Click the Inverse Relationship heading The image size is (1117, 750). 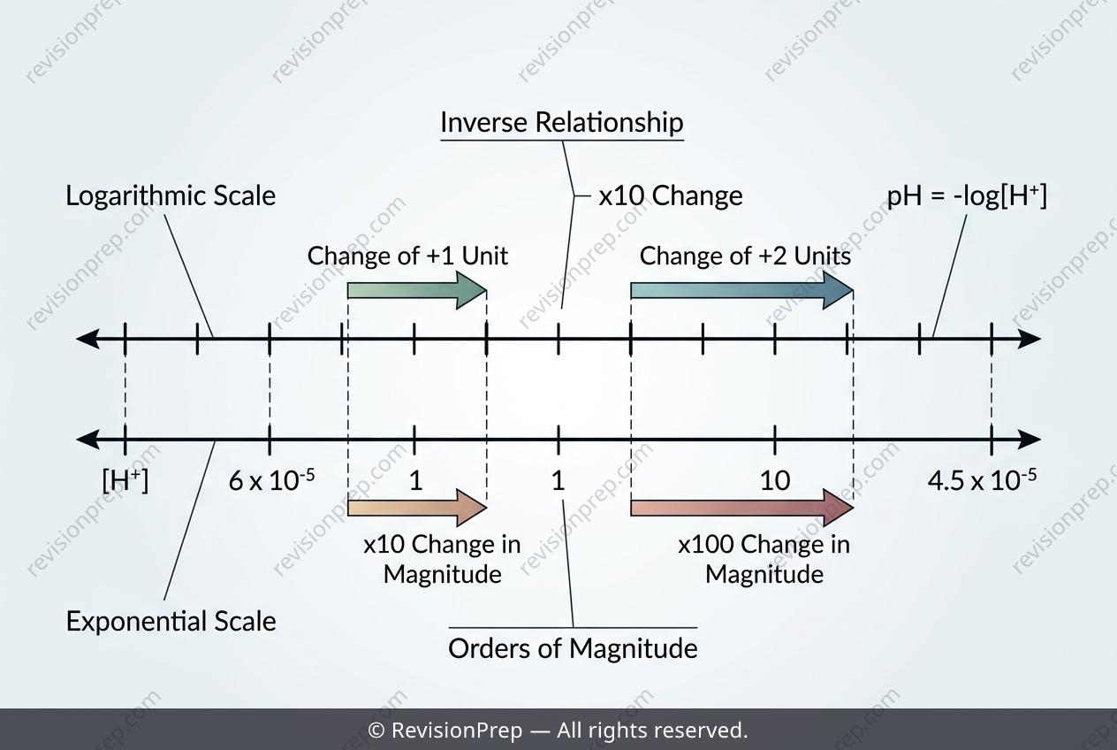point(561,122)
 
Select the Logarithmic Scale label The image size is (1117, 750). point(171,195)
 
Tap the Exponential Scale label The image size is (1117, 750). point(171,621)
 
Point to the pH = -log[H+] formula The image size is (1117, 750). point(967,195)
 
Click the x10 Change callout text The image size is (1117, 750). point(671,195)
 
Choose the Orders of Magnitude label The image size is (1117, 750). point(573,648)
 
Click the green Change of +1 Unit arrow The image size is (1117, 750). point(417,290)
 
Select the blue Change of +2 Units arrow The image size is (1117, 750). point(742,290)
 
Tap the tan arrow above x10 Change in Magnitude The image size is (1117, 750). point(417,508)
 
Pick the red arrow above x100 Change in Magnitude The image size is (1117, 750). point(742,508)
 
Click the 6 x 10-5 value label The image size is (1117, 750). point(272,480)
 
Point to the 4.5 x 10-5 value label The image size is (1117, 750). point(983,480)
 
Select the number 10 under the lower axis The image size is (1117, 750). point(775,481)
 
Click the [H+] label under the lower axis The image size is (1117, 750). point(125,480)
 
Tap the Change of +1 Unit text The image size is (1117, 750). point(407,256)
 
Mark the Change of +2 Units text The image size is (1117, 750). point(745,256)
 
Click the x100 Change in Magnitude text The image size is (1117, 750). point(764,559)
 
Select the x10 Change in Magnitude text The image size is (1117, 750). point(443,559)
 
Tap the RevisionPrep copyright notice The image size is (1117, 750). point(558,730)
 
